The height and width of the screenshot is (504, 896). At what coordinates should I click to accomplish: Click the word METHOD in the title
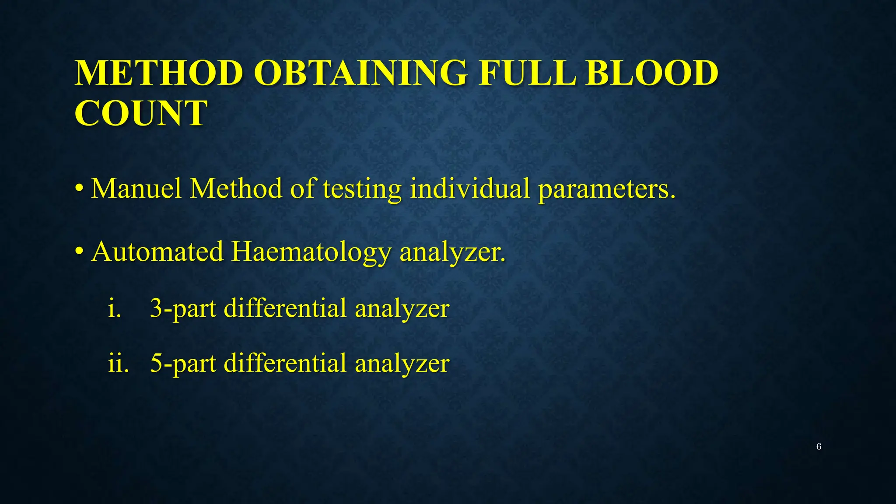click(159, 73)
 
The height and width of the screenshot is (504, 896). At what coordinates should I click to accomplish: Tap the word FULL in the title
click(527, 73)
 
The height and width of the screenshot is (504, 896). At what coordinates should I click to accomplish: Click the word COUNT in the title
click(141, 113)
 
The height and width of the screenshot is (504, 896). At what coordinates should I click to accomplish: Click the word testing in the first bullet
click(362, 189)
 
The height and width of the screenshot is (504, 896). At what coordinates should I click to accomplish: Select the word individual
click(470, 189)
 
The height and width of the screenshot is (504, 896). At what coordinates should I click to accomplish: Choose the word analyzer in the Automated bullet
click(452, 253)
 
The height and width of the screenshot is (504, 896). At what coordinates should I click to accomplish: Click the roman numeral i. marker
click(114, 308)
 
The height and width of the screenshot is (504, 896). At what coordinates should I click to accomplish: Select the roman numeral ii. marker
click(118, 363)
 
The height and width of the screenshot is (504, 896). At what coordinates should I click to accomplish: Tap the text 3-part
click(183, 309)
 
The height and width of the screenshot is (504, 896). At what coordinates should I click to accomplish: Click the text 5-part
click(183, 364)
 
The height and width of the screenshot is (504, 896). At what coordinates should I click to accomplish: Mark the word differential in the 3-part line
click(285, 308)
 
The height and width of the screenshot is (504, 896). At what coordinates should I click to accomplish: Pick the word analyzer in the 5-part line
click(402, 364)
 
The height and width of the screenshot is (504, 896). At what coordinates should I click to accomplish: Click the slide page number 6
click(819, 447)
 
